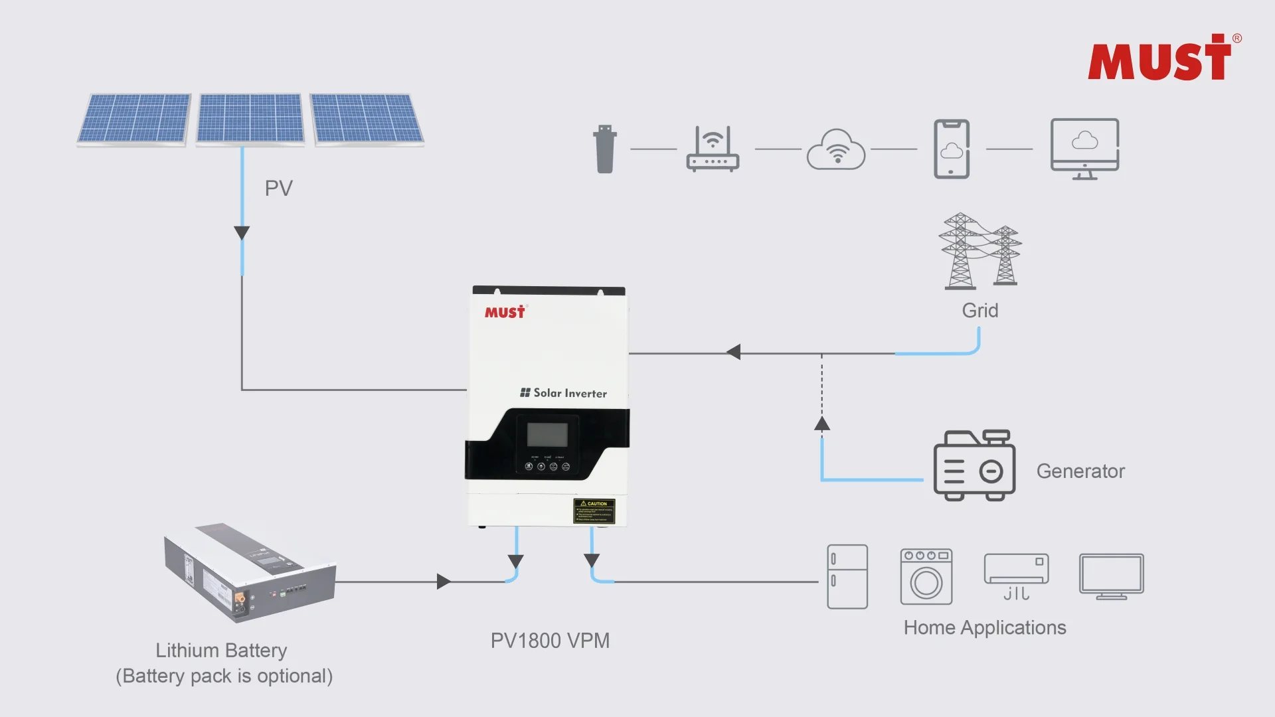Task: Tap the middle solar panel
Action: pos(250,118)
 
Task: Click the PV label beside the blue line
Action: pos(278,189)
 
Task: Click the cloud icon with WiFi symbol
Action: pos(836,150)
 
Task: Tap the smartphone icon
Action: pos(952,149)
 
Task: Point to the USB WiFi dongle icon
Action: pos(605,149)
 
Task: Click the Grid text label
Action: pos(979,311)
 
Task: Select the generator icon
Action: pos(974,466)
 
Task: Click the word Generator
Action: pos(1080,471)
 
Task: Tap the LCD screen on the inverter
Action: pos(547,435)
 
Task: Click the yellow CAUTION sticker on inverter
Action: pos(594,511)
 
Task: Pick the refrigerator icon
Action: pos(847,576)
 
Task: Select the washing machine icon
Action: pos(926,576)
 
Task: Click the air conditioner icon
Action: pos(1016,575)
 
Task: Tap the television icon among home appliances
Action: pos(1111,576)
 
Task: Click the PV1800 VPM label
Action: pos(550,641)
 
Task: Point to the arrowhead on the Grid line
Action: pos(734,353)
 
